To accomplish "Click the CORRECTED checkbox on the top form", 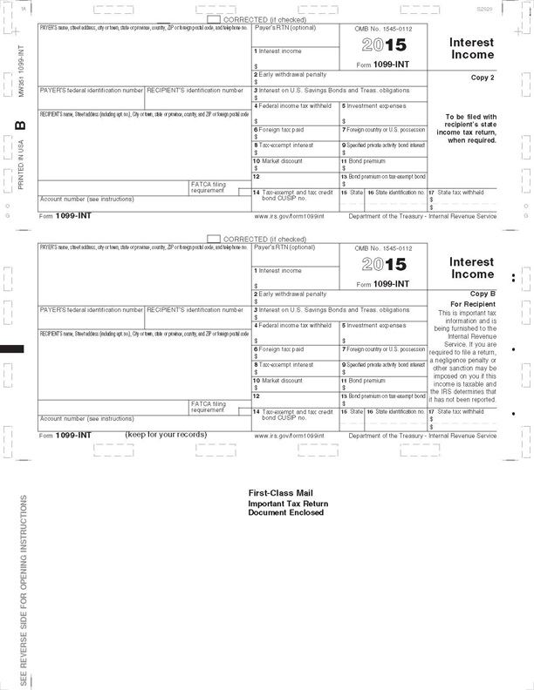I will (x=215, y=19).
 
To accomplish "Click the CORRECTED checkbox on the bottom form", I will (x=215, y=239).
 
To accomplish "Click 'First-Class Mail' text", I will (x=279, y=494).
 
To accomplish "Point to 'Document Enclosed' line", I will (x=285, y=513).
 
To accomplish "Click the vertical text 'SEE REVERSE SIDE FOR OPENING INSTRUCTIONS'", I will (x=24, y=591).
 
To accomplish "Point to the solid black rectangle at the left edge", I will (x=12, y=349).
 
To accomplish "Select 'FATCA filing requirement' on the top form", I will (x=209, y=187).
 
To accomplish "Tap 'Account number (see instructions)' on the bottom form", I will (x=86, y=418).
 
